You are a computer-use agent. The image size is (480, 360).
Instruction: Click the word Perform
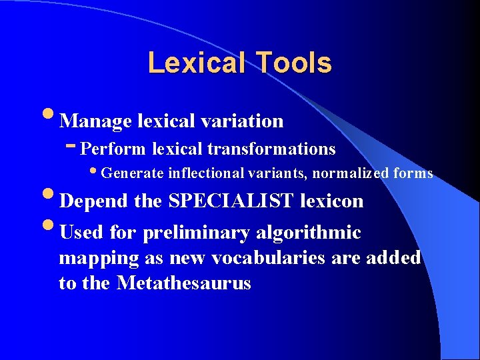(117, 148)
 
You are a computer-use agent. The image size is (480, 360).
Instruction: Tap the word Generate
(133, 174)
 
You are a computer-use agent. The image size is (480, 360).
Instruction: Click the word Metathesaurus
(183, 283)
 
